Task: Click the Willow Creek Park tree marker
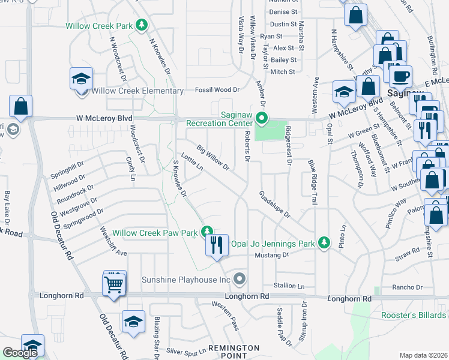click(x=142, y=25)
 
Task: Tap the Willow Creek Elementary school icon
click(x=81, y=78)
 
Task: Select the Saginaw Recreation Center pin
click(x=261, y=118)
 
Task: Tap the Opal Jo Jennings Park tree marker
click(x=324, y=242)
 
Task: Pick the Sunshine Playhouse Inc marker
click(x=240, y=279)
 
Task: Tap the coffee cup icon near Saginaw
click(x=400, y=76)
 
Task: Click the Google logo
click(x=20, y=353)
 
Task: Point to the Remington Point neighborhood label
click(x=234, y=352)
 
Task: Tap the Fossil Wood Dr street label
click(x=217, y=90)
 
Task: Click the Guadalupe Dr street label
click(x=275, y=205)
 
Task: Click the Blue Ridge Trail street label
click(x=312, y=183)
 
